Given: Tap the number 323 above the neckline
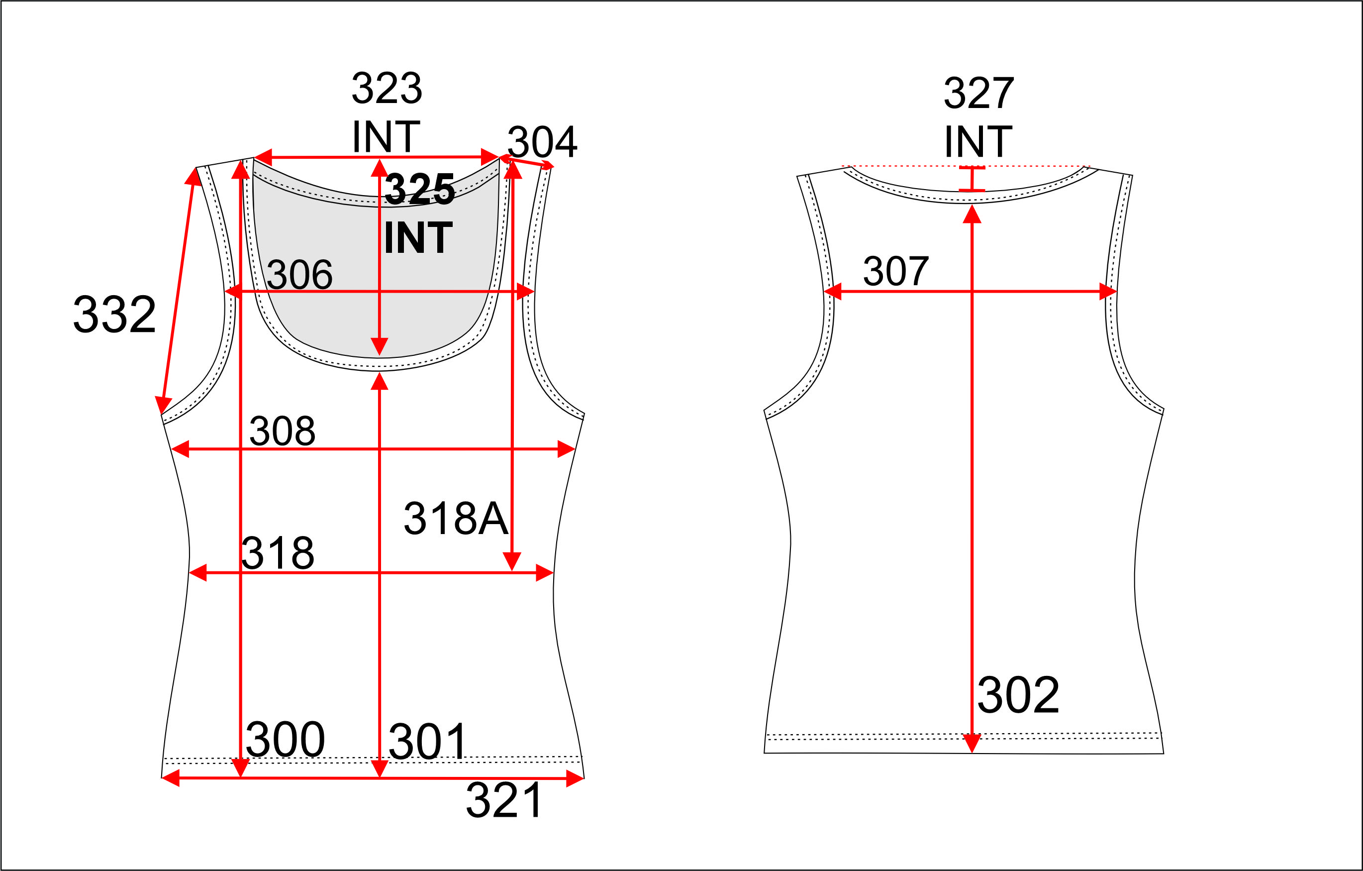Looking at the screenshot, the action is click(x=387, y=89).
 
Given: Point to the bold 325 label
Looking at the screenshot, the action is click(x=419, y=189).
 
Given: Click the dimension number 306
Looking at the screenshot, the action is click(x=299, y=275).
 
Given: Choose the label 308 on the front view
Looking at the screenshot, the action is click(x=283, y=431).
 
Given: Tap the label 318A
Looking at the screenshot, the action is click(x=456, y=518).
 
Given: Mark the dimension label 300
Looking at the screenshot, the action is click(x=285, y=739).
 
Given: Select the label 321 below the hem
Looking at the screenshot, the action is click(x=504, y=800).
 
